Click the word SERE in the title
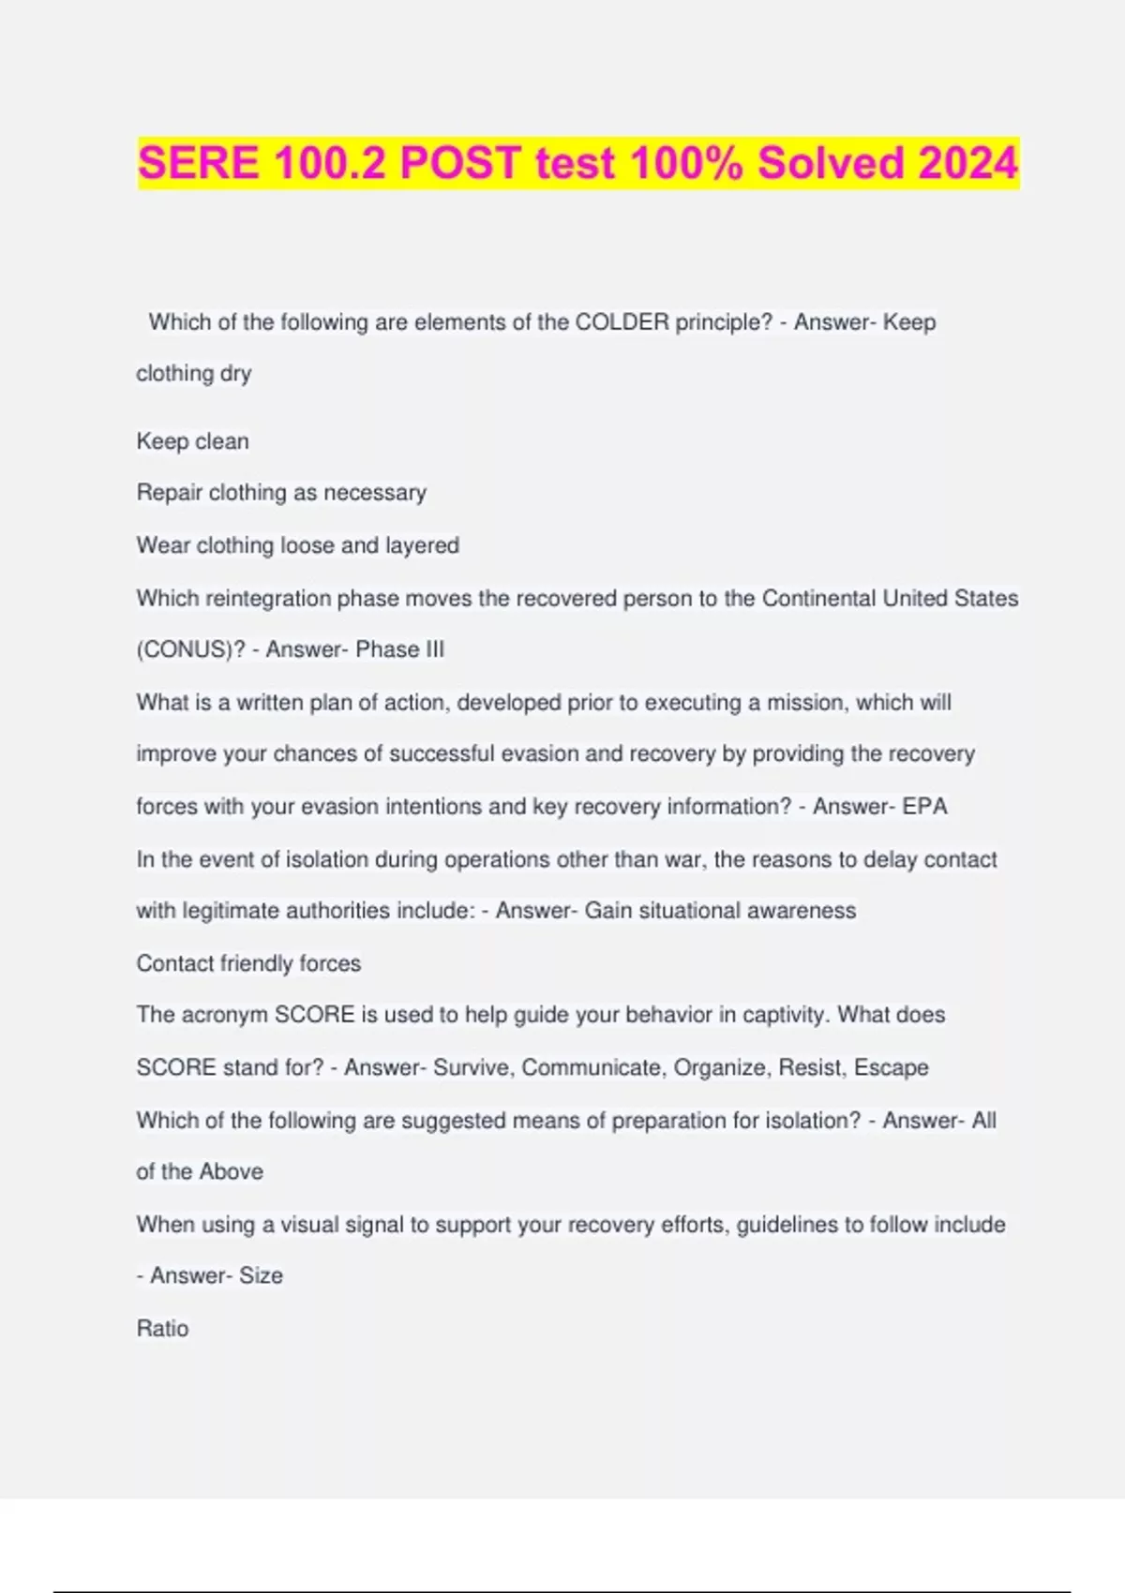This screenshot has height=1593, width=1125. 198,163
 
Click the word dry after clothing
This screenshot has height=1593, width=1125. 235,374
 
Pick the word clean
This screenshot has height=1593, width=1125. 222,441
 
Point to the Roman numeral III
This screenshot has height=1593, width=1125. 433,649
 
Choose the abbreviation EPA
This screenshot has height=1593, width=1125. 924,806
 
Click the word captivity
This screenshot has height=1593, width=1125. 784,1015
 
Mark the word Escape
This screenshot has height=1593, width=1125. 891,1067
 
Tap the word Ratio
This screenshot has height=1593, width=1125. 162,1329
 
